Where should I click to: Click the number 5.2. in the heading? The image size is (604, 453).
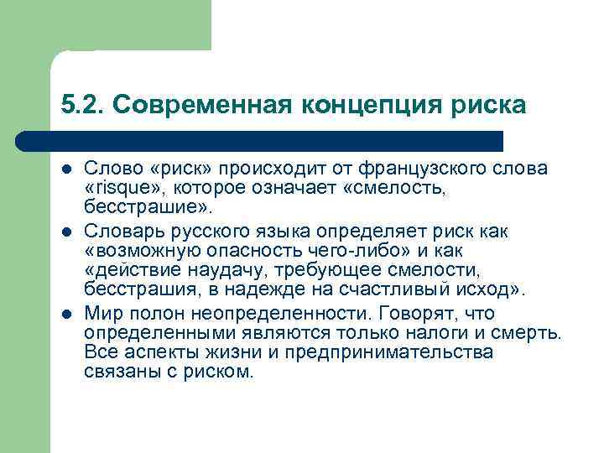pos(82,105)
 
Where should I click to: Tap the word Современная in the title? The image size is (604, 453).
pos(200,105)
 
